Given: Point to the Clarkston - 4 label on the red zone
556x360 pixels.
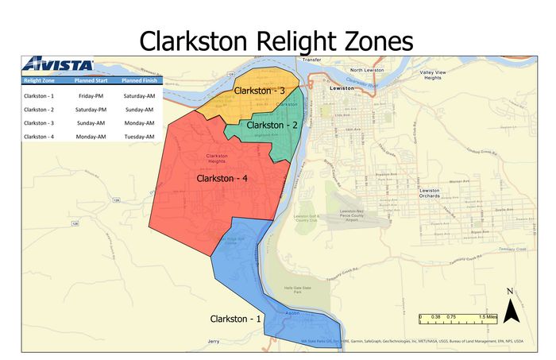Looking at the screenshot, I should (x=222, y=179).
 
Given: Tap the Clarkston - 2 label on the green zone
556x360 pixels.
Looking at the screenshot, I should (x=272, y=126).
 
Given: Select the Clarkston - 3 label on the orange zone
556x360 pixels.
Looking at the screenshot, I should (x=259, y=91).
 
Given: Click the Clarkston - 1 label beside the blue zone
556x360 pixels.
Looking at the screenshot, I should (x=235, y=319).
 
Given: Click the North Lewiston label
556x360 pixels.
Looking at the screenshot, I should (x=367, y=70).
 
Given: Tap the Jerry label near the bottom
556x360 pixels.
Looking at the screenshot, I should (x=213, y=342).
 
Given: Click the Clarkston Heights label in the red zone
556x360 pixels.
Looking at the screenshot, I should (x=217, y=158).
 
